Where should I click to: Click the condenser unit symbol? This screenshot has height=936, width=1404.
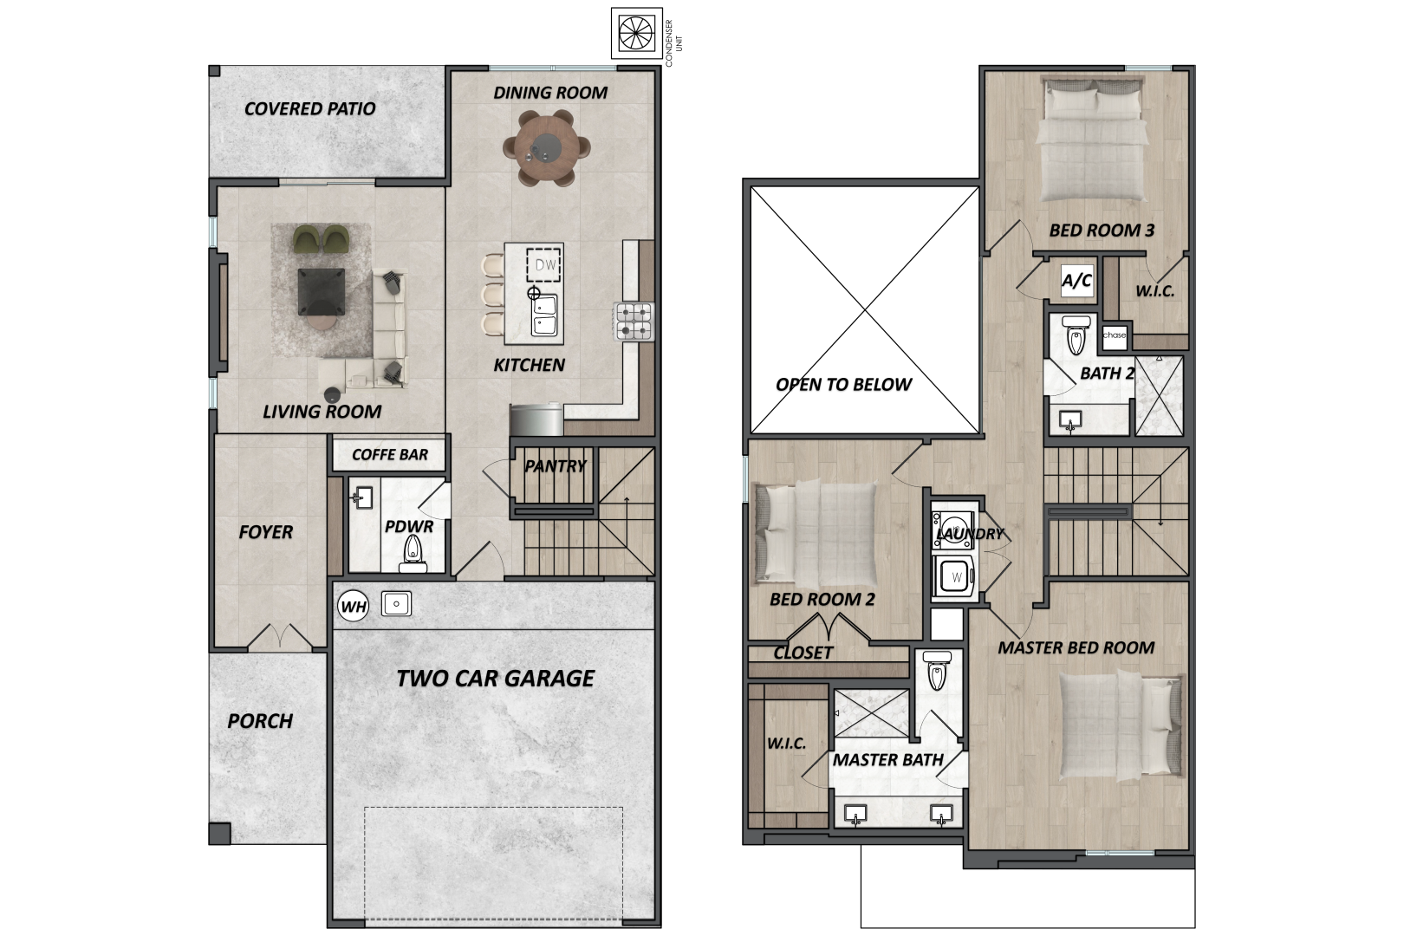pyautogui.click(x=637, y=33)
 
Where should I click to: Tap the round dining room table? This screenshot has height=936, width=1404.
pyautogui.click(x=546, y=148)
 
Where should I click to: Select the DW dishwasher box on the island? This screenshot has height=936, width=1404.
pyautogui.click(x=543, y=266)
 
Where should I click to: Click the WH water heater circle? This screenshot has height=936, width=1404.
pyautogui.click(x=353, y=607)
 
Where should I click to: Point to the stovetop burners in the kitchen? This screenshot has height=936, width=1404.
pyautogui.click(x=634, y=321)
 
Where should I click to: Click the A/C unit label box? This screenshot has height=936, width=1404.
pyautogui.click(x=1076, y=280)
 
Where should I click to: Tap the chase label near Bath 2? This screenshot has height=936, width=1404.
pyautogui.click(x=1115, y=335)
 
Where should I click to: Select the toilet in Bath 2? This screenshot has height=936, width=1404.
pyautogui.click(x=1076, y=335)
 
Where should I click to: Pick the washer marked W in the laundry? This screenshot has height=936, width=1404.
pyautogui.click(x=953, y=577)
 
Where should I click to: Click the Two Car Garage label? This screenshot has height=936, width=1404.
pyautogui.click(x=495, y=679)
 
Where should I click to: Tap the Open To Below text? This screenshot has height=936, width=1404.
pyautogui.click(x=843, y=384)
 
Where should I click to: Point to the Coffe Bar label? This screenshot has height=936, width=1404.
pyautogui.click(x=390, y=454)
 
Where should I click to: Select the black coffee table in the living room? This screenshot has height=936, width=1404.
pyautogui.click(x=321, y=291)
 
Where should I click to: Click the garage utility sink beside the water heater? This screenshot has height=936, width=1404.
pyautogui.click(x=396, y=604)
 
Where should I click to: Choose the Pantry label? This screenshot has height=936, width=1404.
pyautogui.click(x=556, y=466)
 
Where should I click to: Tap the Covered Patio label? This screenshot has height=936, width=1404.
pyautogui.click(x=309, y=109)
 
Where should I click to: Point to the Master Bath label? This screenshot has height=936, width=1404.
pyautogui.click(x=887, y=760)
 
